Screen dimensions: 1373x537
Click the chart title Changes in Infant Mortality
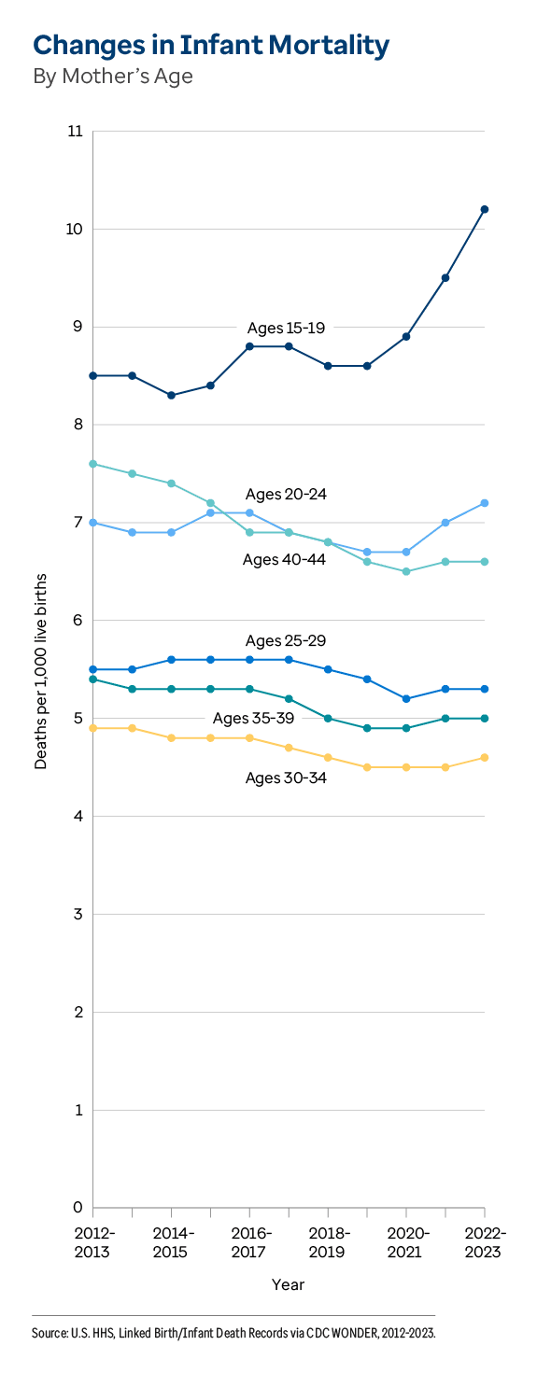click(211, 44)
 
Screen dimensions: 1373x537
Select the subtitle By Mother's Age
click(113, 77)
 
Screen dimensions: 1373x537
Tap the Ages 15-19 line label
click(285, 328)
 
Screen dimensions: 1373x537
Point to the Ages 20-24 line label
click(285, 494)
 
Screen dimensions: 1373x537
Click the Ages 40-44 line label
click(283, 559)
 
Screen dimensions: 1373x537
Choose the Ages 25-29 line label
click(285, 640)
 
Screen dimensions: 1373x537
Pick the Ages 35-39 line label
click(252, 718)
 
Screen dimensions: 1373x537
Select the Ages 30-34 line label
click(285, 777)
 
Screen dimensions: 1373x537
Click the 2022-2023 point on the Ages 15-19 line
click(485, 209)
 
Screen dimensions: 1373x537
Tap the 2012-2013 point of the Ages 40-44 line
click(93, 464)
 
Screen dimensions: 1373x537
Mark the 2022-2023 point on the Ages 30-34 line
click(485, 757)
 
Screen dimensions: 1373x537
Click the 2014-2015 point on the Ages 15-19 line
click(172, 395)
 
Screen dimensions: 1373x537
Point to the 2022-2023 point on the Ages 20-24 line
click(485, 503)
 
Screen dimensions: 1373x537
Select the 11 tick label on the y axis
click(75, 132)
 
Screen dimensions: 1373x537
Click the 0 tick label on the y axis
click(78, 1208)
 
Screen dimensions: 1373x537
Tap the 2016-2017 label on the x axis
click(250, 1242)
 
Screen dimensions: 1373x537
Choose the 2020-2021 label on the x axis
click(406, 1242)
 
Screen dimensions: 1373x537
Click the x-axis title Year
click(288, 1284)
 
